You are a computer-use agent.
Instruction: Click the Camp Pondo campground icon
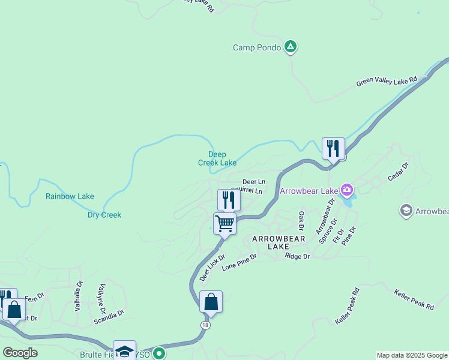(x=291, y=47)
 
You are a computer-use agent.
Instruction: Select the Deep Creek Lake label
(x=217, y=158)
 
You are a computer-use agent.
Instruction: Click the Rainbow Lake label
(x=70, y=196)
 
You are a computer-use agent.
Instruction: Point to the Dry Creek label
(x=104, y=215)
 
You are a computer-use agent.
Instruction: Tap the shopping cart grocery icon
(x=225, y=224)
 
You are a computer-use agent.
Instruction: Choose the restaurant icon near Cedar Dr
(x=333, y=148)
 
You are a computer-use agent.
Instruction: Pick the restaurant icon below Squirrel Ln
(x=229, y=200)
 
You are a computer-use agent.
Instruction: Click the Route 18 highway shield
(x=206, y=324)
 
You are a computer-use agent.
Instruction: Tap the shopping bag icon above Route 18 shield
(x=211, y=302)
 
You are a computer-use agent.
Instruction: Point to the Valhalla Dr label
(x=77, y=295)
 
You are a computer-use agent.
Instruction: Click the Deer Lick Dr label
(x=212, y=268)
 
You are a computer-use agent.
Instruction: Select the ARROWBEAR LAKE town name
(x=279, y=242)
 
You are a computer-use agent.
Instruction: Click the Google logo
(x=20, y=353)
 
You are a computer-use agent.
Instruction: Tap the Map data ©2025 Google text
(x=412, y=356)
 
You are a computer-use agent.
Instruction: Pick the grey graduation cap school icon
(x=405, y=211)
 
